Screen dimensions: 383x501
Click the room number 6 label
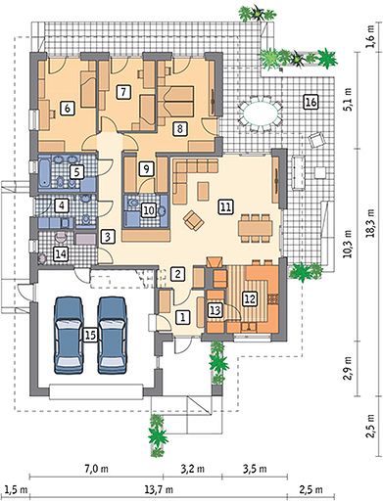(x=68, y=108)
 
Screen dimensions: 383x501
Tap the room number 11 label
(x=225, y=207)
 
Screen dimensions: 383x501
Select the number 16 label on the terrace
(x=311, y=102)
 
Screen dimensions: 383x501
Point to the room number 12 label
(x=250, y=298)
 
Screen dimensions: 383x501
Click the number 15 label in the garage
(x=90, y=335)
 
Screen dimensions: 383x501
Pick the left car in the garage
(x=69, y=335)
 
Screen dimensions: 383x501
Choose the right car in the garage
(x=113, y=335)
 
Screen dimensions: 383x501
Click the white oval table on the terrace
(x=260, y=114)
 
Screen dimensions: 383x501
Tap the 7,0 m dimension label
(x=96, y=470)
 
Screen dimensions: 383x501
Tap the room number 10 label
(x=149, y=210)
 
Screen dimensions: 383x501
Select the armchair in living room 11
(x=194, y=220)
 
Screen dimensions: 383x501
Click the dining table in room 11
(x=255, y=228)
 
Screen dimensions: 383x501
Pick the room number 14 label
(x=61, y=253)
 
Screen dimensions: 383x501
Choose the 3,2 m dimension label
(x=192, y=470)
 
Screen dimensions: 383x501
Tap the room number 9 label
(x=146, y=168)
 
